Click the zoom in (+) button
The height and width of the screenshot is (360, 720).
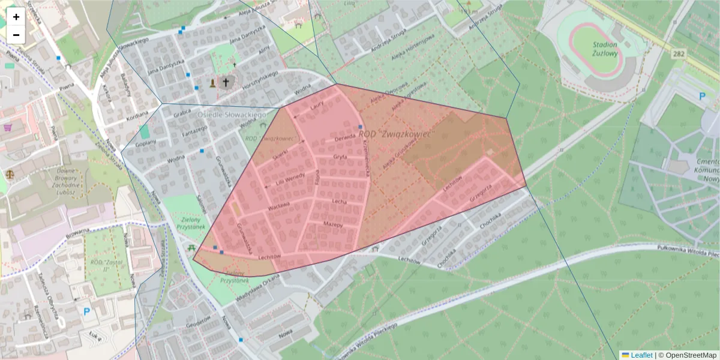(x=16, y=17)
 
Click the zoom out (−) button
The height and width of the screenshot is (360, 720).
(x=16, y=35)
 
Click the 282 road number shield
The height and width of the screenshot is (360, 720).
(x=679, y=54)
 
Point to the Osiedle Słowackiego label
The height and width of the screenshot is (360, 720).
(x=232, y=114)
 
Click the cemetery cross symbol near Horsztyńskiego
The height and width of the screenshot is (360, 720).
(x=226, y=82)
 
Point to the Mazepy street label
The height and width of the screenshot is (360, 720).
(x=332, y=224)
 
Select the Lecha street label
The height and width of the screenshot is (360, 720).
(x=340, y=202)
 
